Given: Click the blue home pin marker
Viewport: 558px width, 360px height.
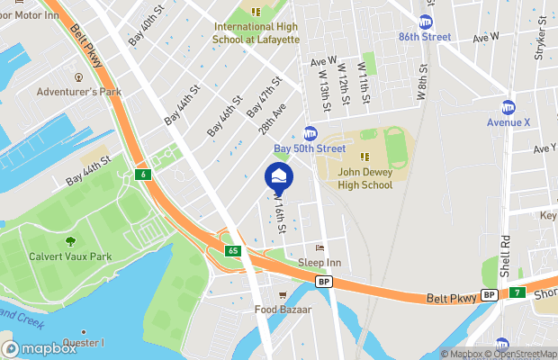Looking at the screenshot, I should click(x=279, y=176).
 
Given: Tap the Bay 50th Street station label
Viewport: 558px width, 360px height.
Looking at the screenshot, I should click(x=310, y=148).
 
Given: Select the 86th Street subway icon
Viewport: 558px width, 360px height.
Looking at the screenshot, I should click(x=425, y=22).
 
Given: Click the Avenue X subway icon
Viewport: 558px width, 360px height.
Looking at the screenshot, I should click(x=508, y=107).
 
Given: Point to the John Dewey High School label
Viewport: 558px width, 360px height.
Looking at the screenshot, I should click(x=365, y=178).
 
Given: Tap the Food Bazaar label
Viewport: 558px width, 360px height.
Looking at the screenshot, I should click(x=283, y=309).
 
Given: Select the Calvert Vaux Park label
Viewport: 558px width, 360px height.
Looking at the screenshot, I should click(x=69, y=256).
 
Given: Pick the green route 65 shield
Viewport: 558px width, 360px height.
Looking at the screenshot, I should click(x=233, y=249).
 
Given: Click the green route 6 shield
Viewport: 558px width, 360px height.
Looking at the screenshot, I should click(x=142, y=173).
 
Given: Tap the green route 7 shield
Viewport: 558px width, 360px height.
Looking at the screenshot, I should click(x=517, y=293).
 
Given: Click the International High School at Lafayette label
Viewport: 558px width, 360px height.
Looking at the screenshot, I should click(x=256, y=33).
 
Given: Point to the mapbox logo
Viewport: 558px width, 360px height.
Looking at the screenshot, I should click(x=40, y=348).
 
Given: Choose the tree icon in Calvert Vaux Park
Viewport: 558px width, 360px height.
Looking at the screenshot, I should click(x=69, y=241).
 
